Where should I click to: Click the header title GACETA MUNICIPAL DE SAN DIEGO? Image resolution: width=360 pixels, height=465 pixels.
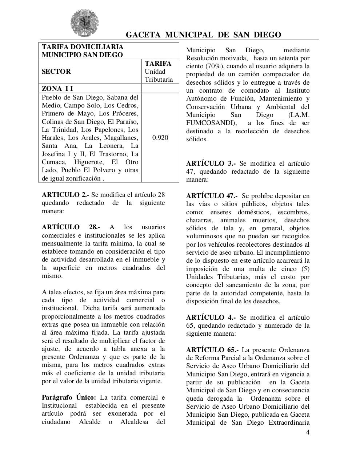[x=203, y=35]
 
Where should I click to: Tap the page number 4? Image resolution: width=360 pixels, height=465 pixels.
[x=308, y=432]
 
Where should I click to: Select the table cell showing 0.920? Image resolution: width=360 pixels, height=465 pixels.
[x=160, y=138]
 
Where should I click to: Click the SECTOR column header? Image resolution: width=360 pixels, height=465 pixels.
[x=56, y=72]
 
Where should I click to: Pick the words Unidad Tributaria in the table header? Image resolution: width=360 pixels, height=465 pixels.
[x=159, y=76]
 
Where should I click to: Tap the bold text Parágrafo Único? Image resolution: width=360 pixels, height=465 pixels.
[x=69, y=397]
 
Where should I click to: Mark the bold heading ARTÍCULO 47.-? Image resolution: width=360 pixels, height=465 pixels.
[x=212, y=196]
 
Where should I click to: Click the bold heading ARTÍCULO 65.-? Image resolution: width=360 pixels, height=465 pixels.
[x=212, y=350]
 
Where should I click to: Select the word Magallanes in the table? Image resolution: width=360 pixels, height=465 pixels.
[x=121, y=138]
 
